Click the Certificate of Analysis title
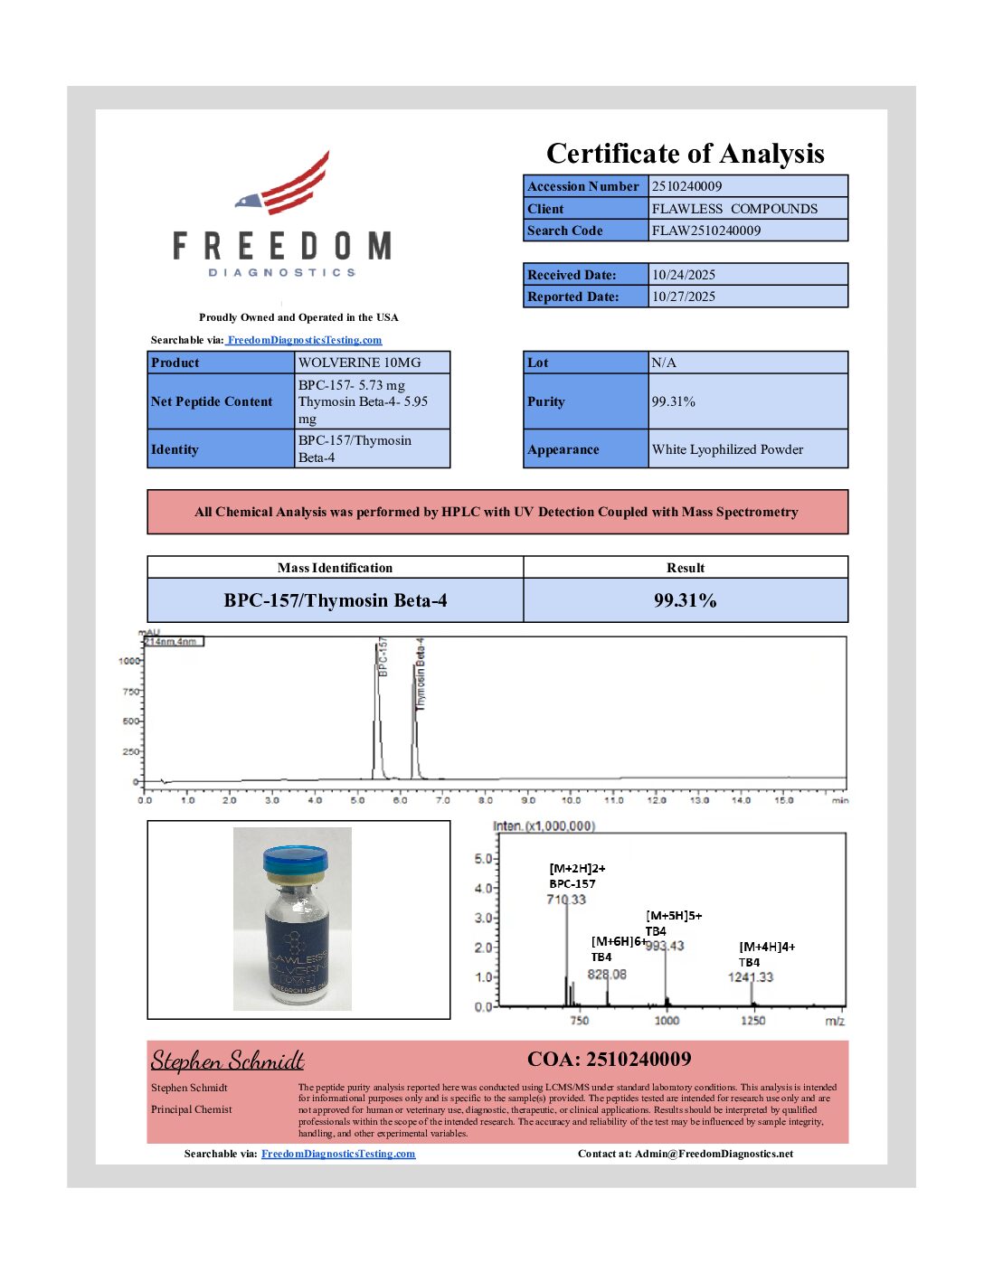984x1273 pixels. pos(685,154)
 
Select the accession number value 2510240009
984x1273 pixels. pos(687,186)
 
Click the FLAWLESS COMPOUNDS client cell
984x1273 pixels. pos(734,209)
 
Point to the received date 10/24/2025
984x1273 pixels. pos(684,275)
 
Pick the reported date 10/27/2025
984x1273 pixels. pos(684,297)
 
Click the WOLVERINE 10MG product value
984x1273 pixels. pos(360,363)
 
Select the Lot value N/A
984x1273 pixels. pos(664,363)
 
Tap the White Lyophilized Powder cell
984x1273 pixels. pos(727,449)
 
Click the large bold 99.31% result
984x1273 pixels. pos(685,600)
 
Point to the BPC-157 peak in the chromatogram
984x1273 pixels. pos(377,705)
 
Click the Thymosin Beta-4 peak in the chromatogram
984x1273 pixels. pos(415,714)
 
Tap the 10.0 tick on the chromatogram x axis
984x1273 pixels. pos(571,800)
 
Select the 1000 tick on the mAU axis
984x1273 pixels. pos(128,661)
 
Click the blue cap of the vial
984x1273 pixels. pos(293,857)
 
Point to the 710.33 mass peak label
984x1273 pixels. pos(566,900)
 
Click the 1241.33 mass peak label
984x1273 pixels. pos(751,977)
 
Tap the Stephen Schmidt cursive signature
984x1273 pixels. pos(227,1060)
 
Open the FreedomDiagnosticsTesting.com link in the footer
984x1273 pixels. pos(338,1154)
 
